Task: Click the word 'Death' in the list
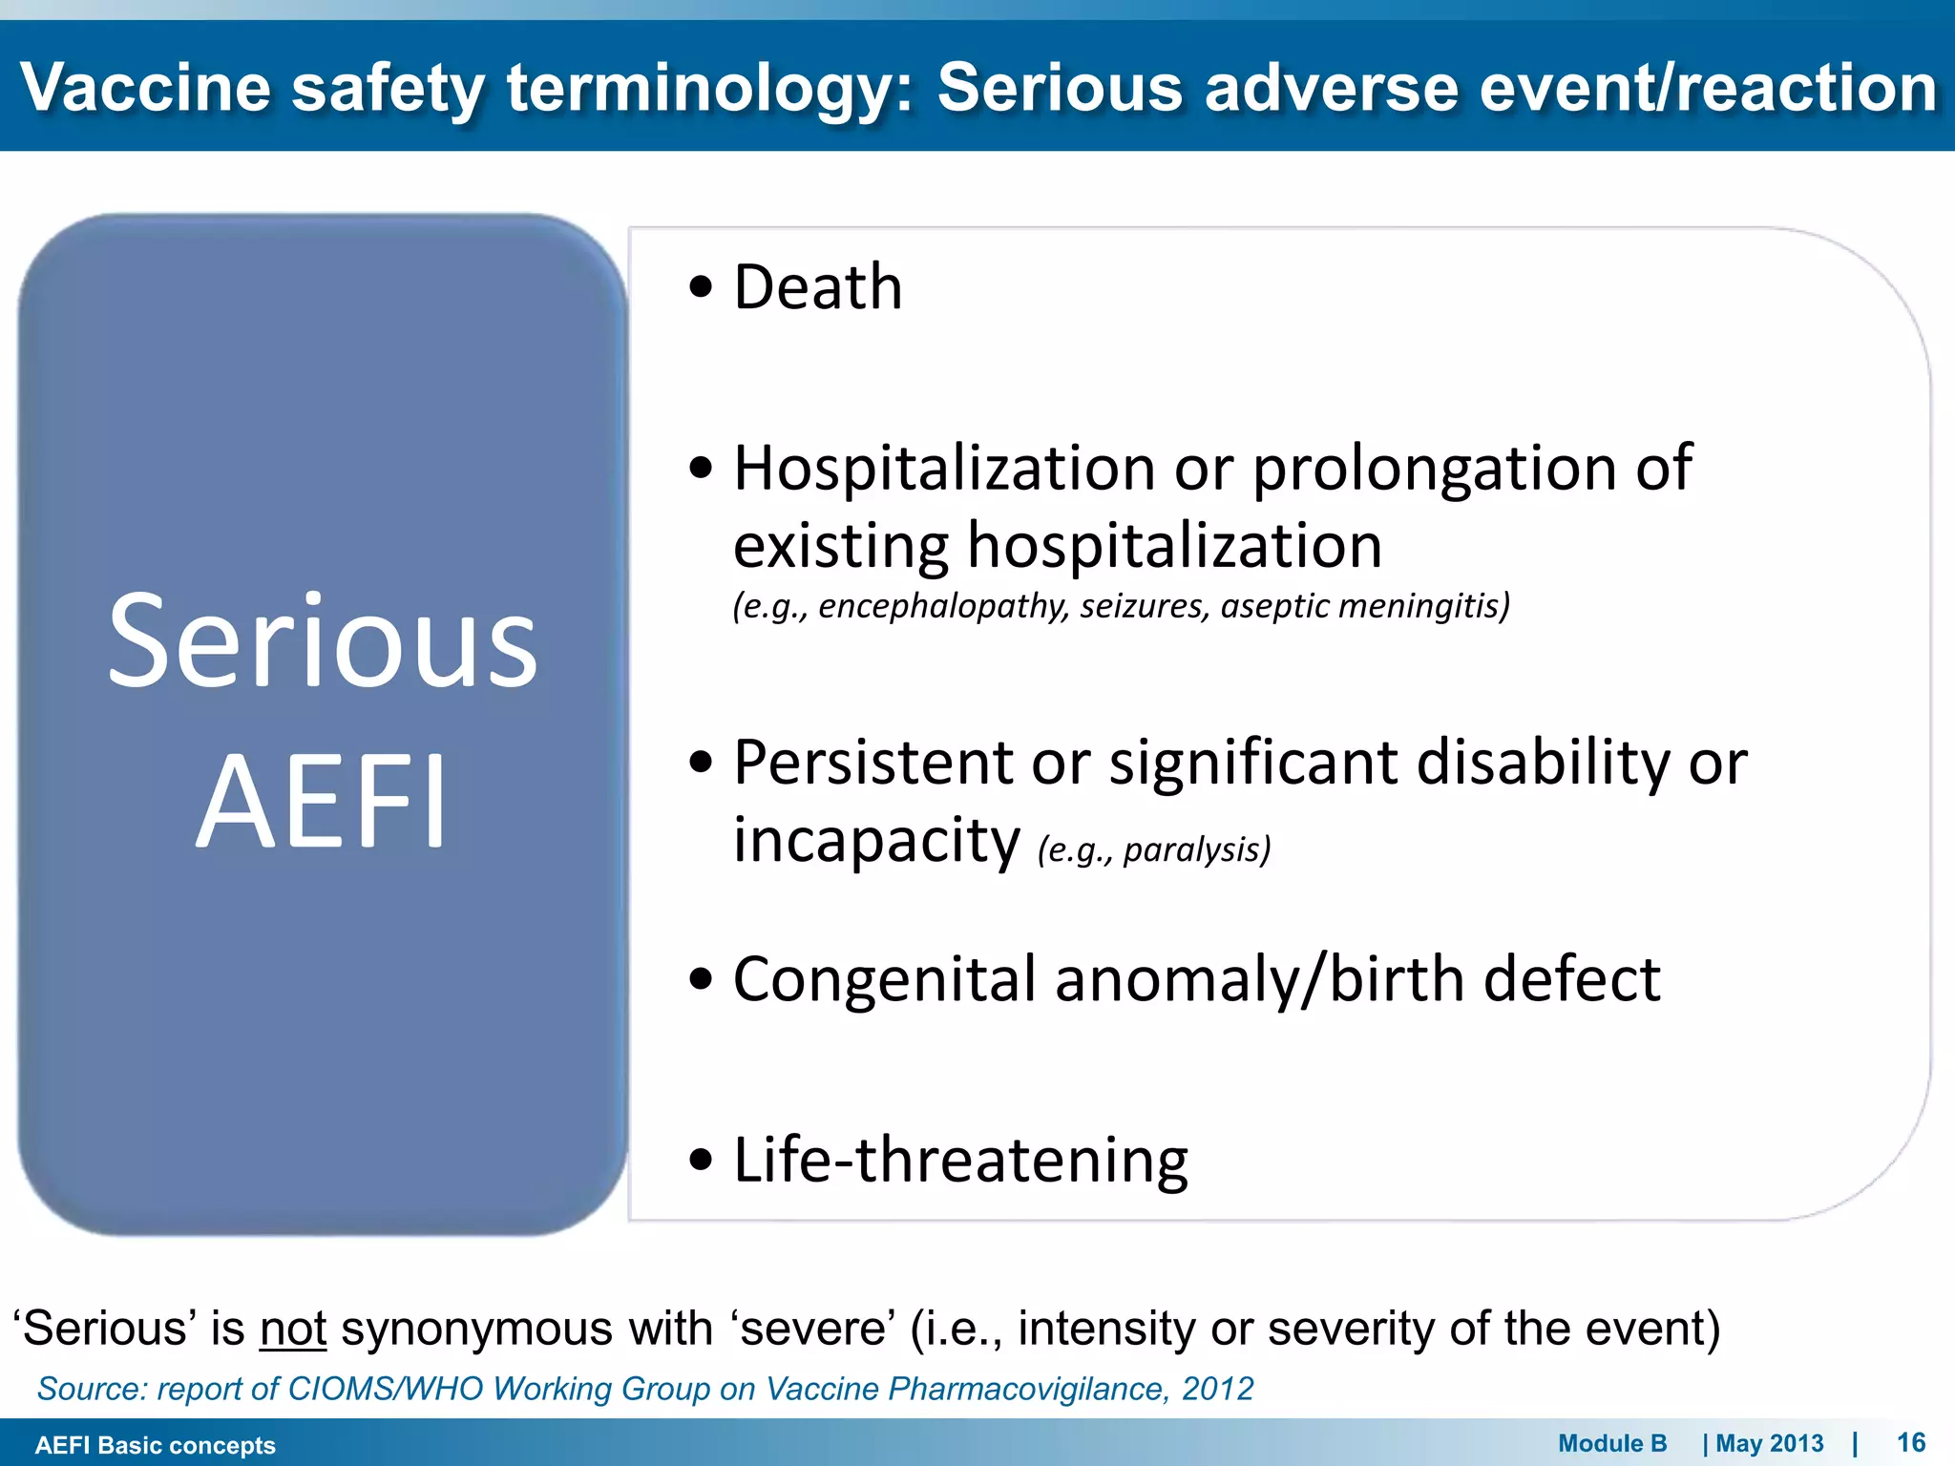point(817,287)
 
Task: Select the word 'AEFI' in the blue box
point(322,802)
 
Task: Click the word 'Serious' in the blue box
point(322,641)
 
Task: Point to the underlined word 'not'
point(293,1329)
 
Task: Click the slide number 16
point(1910,1442)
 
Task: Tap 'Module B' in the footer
point(1612,1443)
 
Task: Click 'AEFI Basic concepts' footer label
point(155,1445)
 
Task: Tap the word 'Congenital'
point(884,979)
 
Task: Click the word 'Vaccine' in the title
point(145,88)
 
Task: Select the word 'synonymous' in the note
point(476,1329)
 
